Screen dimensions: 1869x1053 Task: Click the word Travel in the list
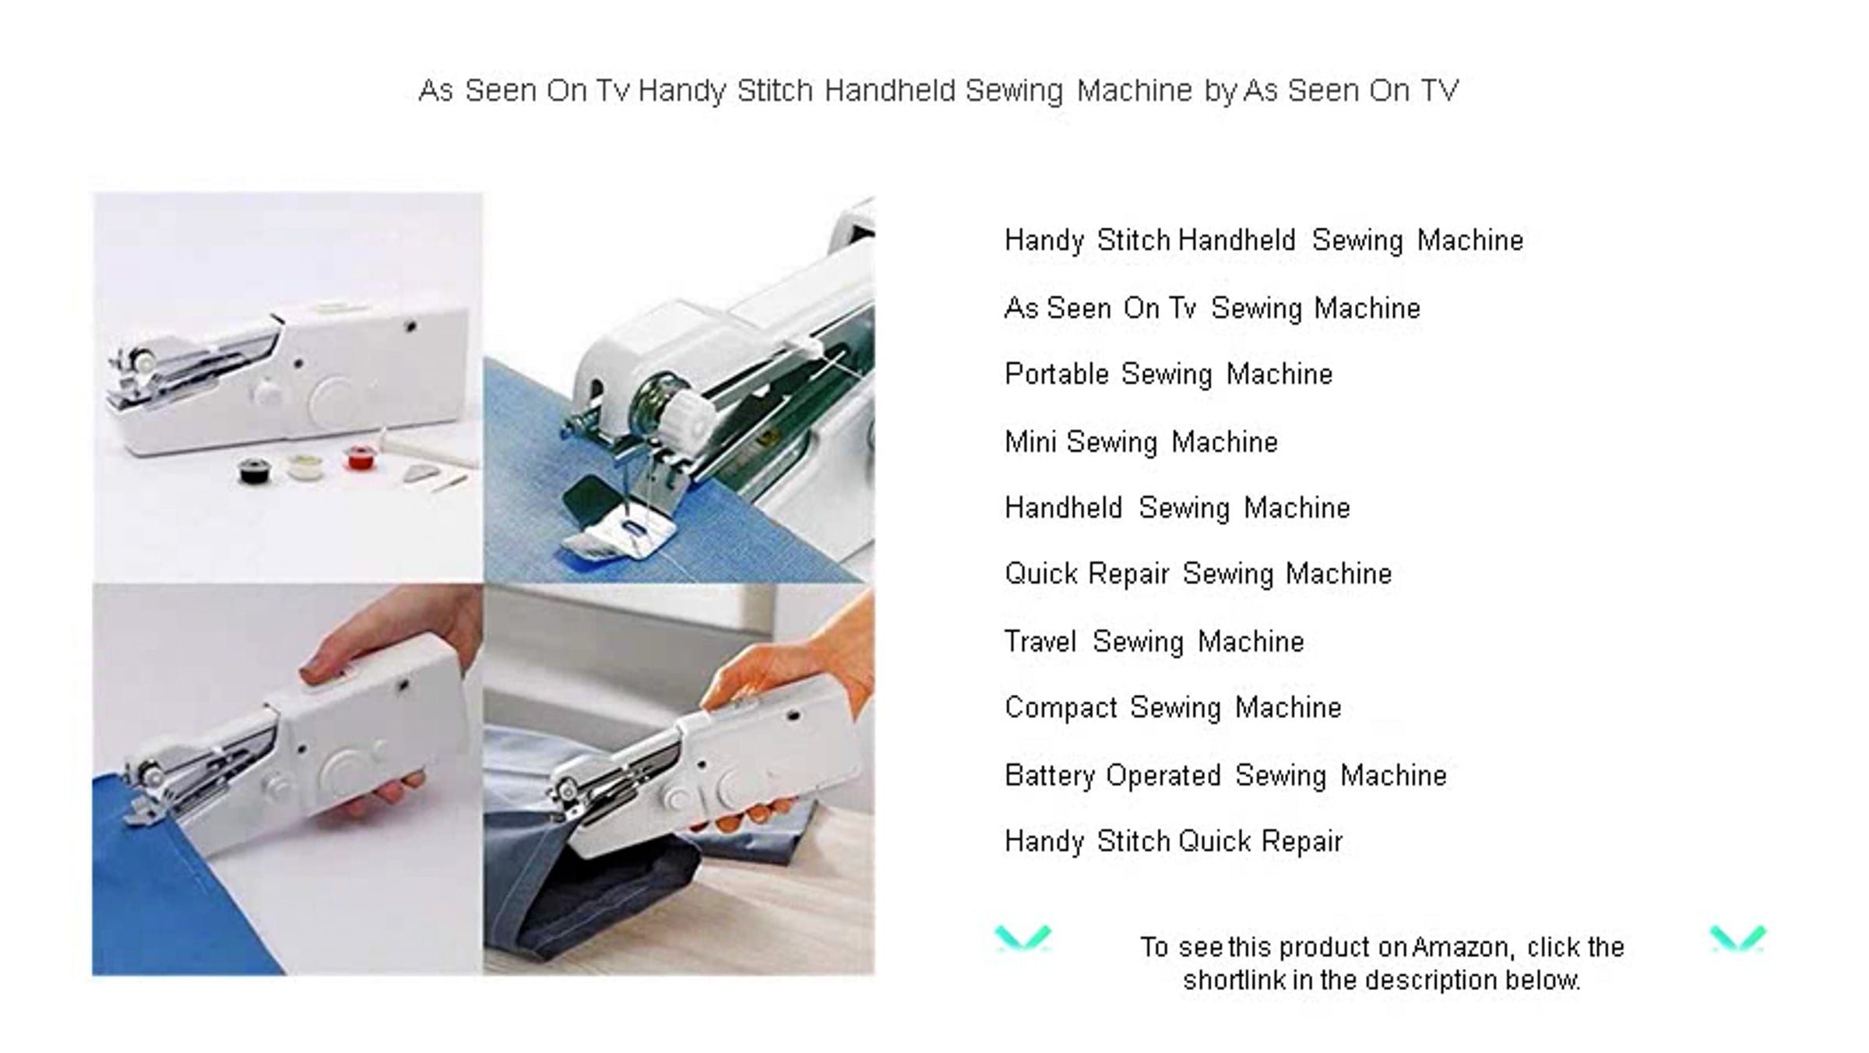(x=1040, y=641)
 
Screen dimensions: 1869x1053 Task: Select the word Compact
(x=1061, y=708)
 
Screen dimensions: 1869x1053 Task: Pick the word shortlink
(x=1234, y=980)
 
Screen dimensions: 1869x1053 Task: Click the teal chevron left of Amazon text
(x=1022, y=939)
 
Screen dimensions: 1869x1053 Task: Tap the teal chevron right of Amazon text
(x=1737, y=939)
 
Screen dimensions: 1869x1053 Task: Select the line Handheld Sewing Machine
(x=1177, y=508)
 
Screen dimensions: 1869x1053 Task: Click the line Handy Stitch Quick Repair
(x=1174, y=842)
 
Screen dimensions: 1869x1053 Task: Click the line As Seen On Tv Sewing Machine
(x=1213, y=308)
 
